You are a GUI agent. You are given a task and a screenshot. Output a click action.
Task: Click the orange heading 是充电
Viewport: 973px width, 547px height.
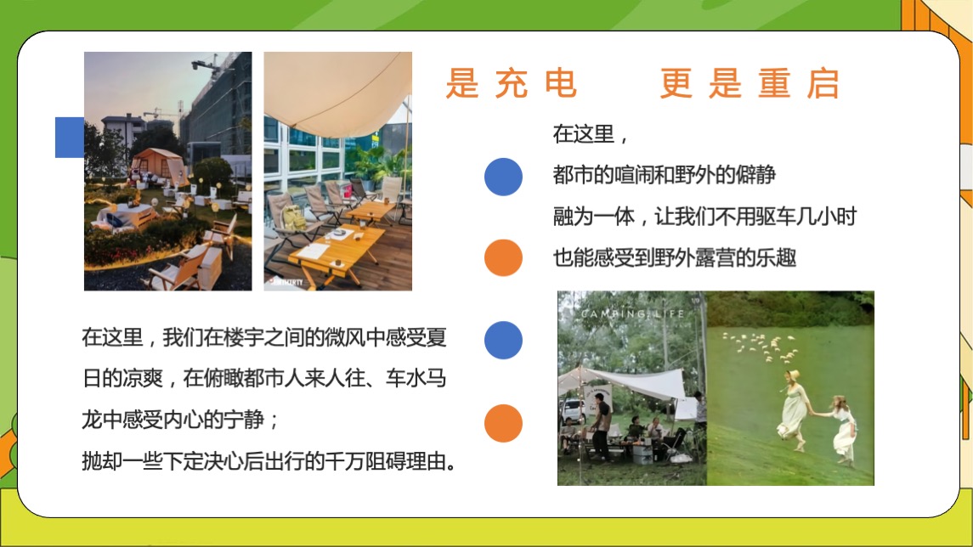click(512, 84)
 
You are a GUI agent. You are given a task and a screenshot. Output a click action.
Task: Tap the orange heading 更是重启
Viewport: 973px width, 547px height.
click(750, 84)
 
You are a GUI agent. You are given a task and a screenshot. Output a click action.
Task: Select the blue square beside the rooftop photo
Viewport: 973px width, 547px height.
click(70, 137)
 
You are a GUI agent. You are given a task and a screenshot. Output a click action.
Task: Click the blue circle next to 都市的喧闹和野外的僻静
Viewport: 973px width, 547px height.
click(503, 177)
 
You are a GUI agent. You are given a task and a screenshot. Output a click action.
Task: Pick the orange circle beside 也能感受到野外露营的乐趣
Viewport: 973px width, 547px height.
click(503, 257)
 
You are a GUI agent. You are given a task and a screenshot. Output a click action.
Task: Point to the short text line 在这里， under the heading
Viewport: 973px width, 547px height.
click(591, 134)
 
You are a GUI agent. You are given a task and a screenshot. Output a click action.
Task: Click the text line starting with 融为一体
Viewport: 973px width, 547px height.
click(704, 216)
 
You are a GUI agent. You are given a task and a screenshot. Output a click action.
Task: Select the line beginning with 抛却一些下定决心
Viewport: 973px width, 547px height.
click(269, 462)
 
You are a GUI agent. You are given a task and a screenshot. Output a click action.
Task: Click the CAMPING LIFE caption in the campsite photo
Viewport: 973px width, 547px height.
click(633, 315)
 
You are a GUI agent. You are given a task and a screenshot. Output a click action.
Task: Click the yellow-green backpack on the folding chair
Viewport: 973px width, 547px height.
click(297, 217)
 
